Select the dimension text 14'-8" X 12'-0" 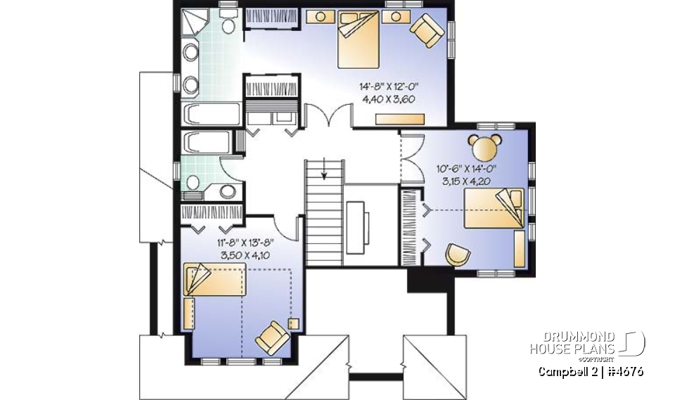click(x=389, y=86)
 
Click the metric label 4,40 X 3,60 click(x=389, y=99)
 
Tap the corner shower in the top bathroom click(x=194, y=25)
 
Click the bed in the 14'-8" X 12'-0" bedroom click(x=359, y=41)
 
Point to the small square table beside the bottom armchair click(x=293, y=324)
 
